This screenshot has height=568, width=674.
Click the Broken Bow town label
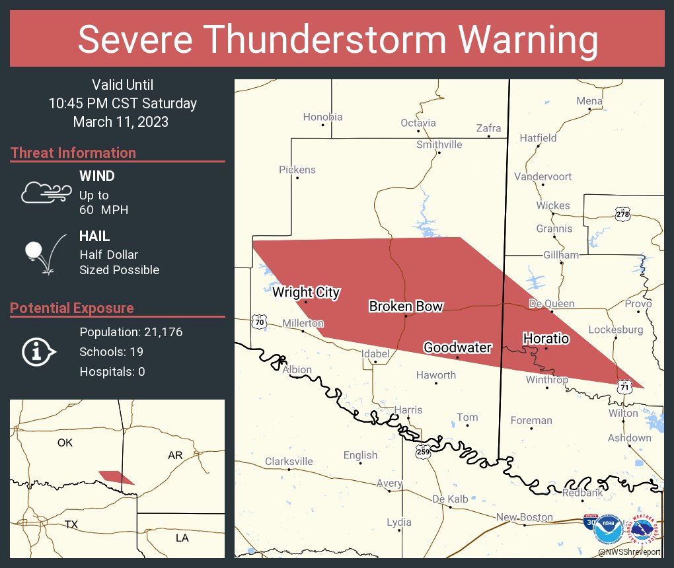[x=406, y=306]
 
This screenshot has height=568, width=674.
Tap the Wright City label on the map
[x=306, y=292]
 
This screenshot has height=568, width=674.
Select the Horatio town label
[x=546, y=338]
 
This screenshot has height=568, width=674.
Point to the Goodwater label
[x=457, y=347]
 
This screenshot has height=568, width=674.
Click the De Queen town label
[x=552, y=304]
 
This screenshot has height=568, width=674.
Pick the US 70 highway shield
[x=258, y=322]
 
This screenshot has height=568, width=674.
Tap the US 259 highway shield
[x=424, y=452]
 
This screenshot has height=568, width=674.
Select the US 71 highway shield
[x=624, y=387]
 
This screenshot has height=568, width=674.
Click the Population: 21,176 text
[x=131, y=332]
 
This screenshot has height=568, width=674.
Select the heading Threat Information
[x=73, y=153]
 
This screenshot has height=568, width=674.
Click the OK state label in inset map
[x=65, y=443]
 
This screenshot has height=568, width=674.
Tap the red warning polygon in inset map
[x=116, y=477]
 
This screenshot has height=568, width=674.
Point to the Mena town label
[x=589, y=101]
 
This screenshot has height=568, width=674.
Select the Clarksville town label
[x=289, y=462]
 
